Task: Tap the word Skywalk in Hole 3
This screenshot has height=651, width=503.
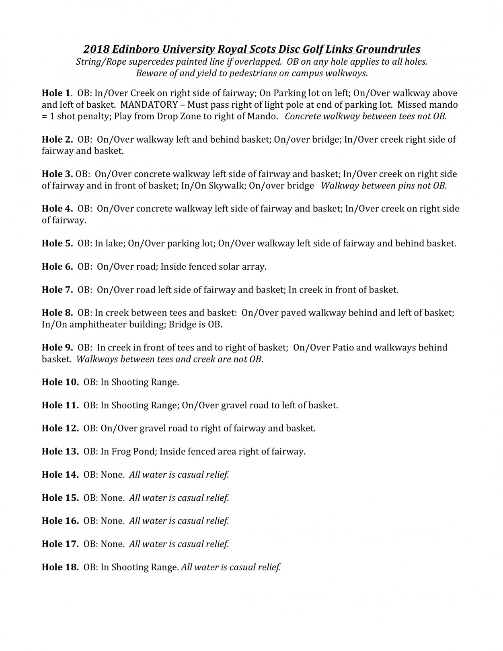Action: [x=228, y=186]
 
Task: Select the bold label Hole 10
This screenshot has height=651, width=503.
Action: [x=60, y=382]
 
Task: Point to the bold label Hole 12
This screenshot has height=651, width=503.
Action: [x=60, y=428]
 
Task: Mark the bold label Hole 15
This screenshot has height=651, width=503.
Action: [x=60, y=498]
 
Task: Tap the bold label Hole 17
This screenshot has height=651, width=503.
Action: [x=60, y=544]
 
